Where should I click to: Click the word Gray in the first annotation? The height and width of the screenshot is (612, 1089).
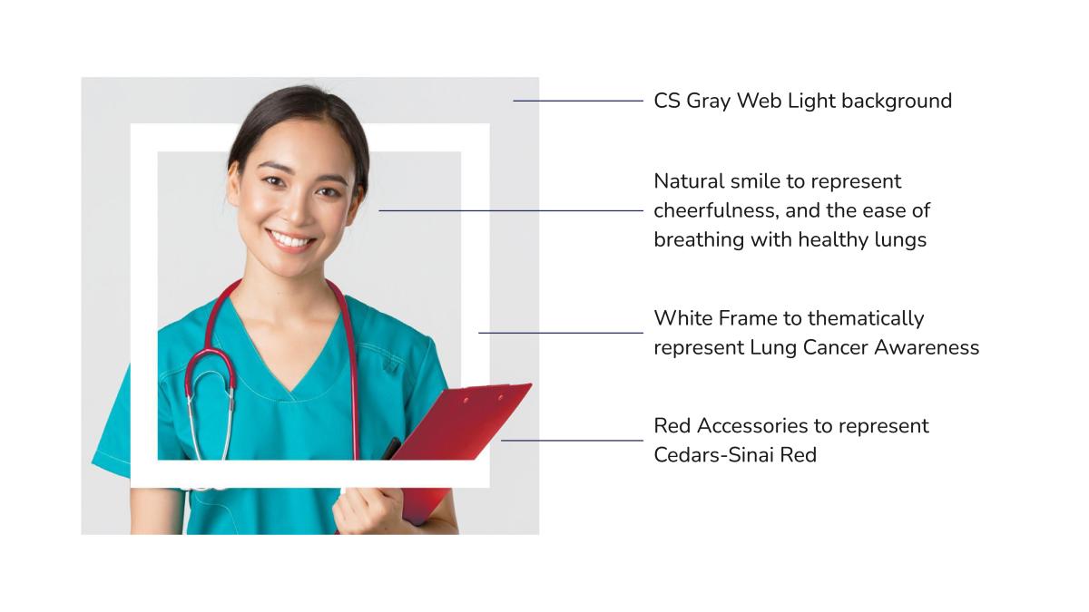click(709, 102)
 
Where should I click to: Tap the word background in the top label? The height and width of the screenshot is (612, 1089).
click(897, 101)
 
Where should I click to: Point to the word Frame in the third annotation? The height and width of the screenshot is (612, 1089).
click(748, 318)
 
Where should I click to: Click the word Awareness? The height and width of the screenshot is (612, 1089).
click(927, 348)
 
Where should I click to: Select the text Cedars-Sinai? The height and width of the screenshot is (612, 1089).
click(713, 455)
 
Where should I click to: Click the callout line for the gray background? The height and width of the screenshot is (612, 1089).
click(578, 101)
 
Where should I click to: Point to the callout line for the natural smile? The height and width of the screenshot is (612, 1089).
click(511, 210)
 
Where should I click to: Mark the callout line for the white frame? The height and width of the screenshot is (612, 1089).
click(561, 333)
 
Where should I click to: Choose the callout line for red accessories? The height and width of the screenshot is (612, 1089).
click(572, 441)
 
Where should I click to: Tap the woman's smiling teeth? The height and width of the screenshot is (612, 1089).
click(291, 240)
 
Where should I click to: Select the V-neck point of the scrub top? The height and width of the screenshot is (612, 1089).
click(290, 392)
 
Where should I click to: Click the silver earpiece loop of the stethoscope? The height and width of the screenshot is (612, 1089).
click(210, 413)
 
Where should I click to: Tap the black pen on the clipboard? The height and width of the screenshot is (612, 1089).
click(391, 448)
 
